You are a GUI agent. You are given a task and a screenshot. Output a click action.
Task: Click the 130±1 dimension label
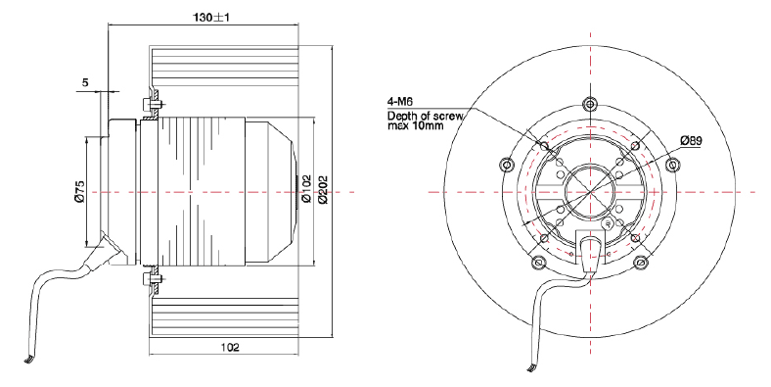click(211, 18)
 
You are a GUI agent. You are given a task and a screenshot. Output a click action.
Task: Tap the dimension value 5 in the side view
click(85, 82)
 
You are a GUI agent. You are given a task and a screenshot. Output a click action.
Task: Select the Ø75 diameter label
click(80, 191)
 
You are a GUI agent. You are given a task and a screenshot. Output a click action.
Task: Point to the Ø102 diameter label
click(306, 188)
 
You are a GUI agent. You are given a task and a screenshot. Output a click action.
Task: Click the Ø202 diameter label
click(323, 188)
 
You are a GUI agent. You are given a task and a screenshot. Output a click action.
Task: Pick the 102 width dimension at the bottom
click(230, 347)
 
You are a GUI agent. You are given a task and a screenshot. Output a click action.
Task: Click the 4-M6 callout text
click(400, 102)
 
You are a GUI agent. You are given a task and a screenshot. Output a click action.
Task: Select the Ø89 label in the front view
click(692, 141)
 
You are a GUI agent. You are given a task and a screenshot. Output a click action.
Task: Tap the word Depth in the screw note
click(399, 117)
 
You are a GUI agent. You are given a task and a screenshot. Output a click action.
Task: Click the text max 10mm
click(416, 125)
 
